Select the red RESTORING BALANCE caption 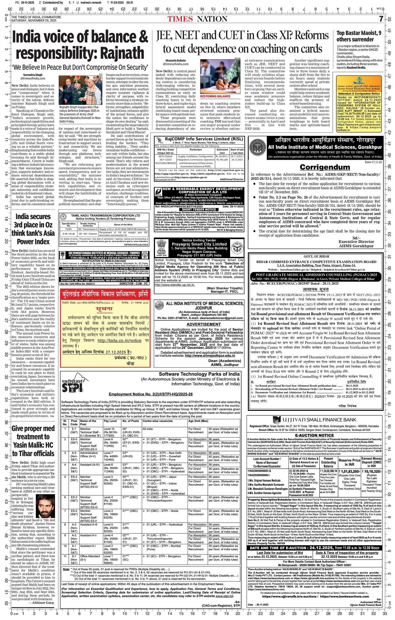(x=215, y=97)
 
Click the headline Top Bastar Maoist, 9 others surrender (x=359, y=37)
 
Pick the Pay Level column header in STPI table (x=110, y=421)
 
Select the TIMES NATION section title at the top (x=197, y=19)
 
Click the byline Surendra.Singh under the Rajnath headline (x=31, y=75)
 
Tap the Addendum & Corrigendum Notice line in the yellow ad (x=358, y=94)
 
